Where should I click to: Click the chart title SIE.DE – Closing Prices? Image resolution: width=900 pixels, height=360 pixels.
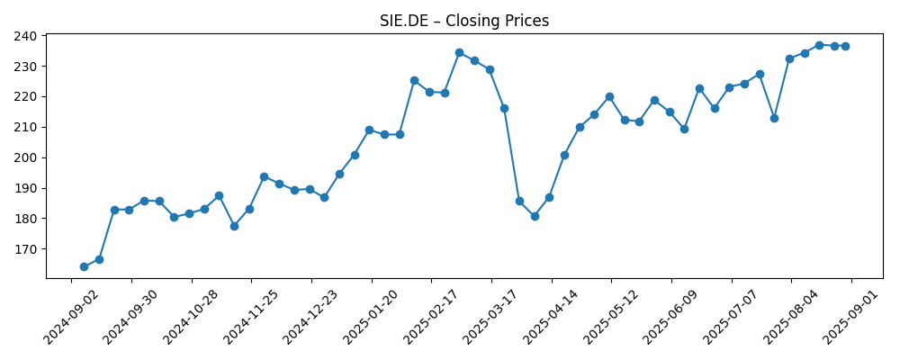point(463,21)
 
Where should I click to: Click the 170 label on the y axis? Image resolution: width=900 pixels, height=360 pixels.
point(25,249)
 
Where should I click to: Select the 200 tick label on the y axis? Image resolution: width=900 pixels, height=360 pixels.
point(25,157)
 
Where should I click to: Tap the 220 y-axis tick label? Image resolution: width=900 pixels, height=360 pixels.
point(25,97)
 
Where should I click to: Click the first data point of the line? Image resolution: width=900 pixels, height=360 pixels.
point(84,266)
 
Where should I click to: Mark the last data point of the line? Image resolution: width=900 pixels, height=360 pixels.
point(845,46)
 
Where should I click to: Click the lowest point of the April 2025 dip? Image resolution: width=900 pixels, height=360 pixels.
point(535,216)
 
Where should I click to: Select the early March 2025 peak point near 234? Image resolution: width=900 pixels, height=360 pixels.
point(459,52)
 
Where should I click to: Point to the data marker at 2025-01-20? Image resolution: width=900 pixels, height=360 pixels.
point(369,130)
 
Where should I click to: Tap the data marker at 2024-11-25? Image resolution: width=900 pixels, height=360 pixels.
point(264,176)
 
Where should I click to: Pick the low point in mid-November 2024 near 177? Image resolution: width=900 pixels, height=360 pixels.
point(234,226)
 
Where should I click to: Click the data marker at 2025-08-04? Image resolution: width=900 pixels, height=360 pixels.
point(789,58)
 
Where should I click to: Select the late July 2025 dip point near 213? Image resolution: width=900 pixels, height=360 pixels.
point(774,118)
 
